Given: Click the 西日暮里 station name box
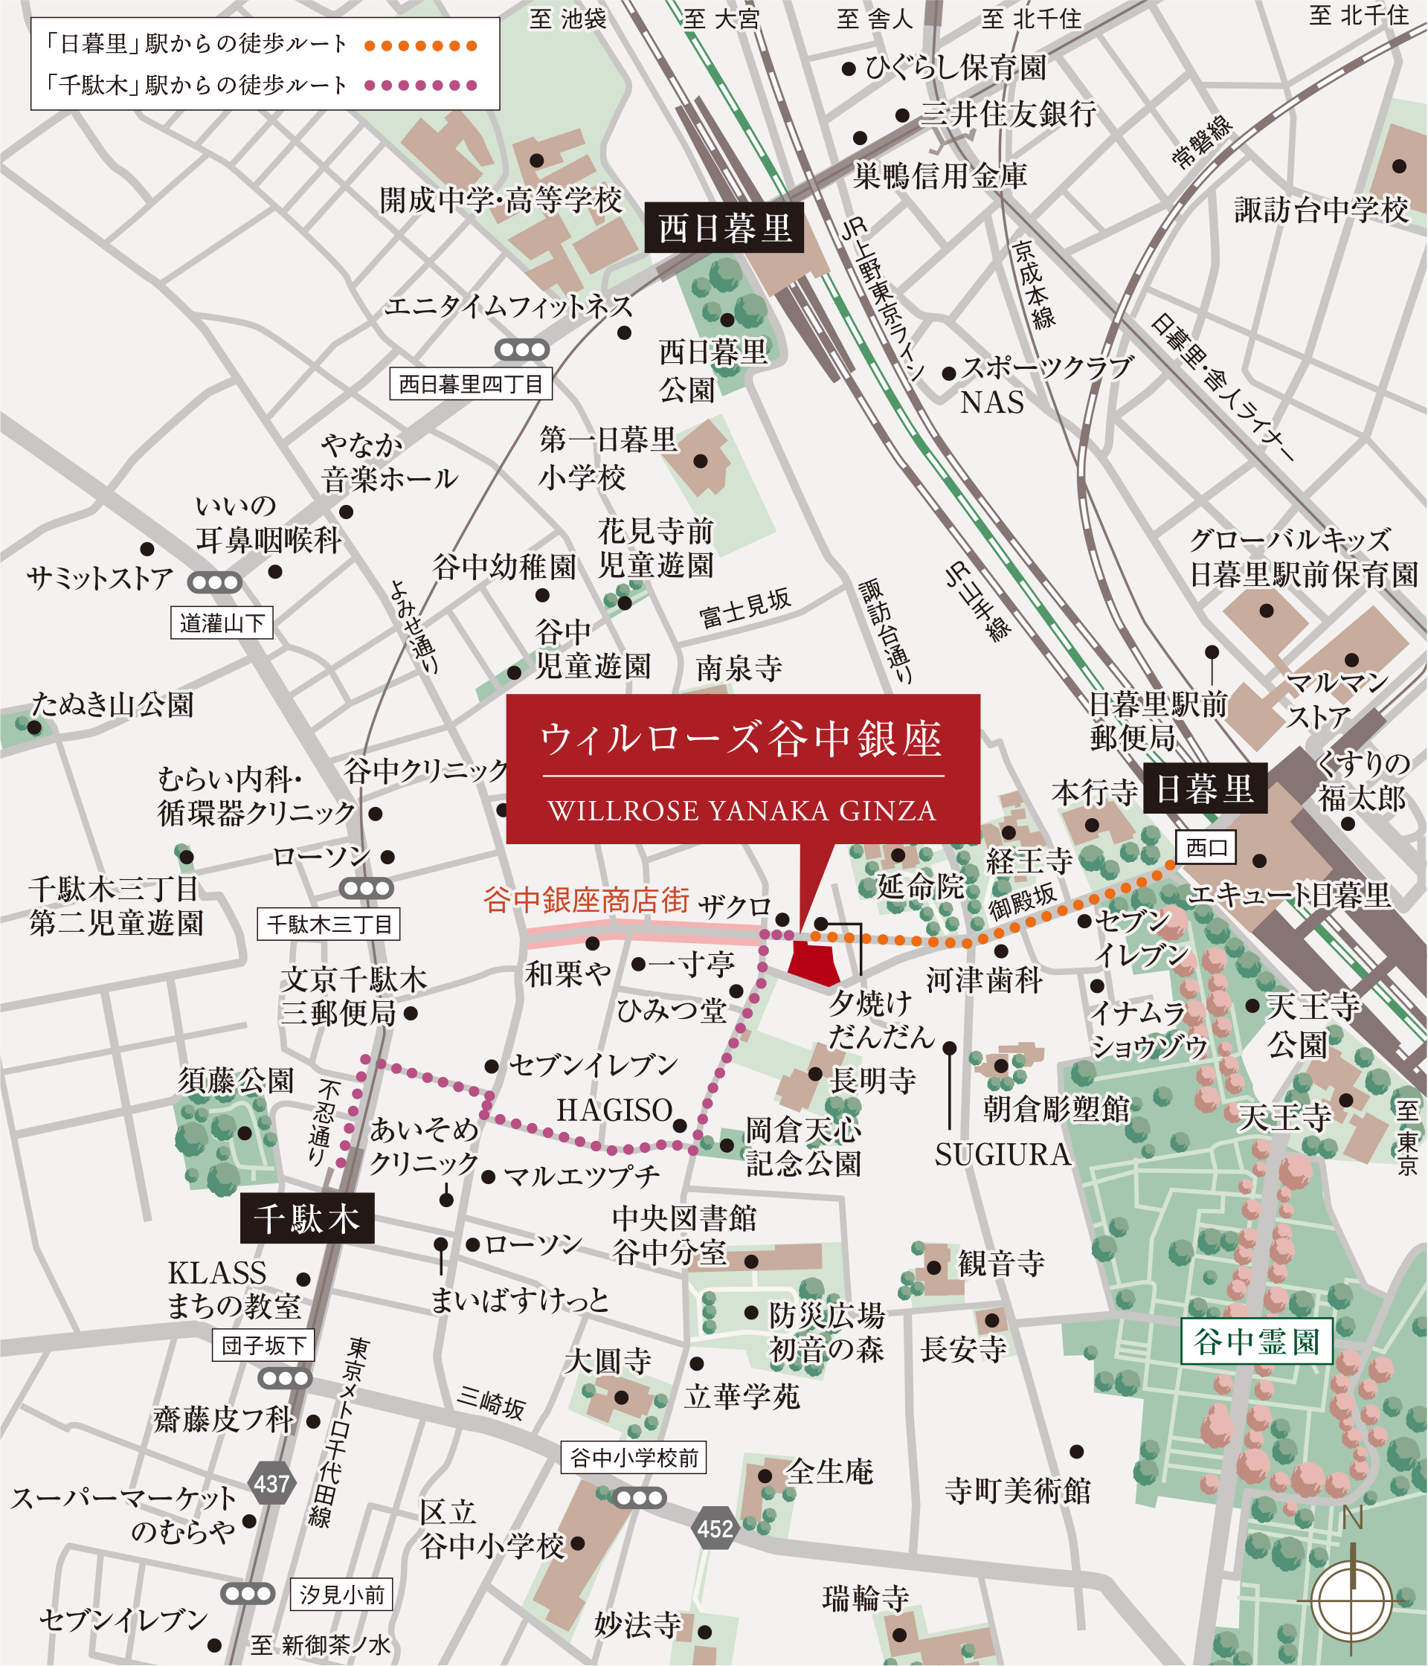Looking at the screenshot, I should (724, 228).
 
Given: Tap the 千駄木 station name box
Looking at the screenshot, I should (307, 1218).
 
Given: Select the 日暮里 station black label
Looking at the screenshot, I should (1204, 789).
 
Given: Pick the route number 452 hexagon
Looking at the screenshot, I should (715, 1528).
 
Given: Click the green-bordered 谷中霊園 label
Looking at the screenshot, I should (1257, 1340).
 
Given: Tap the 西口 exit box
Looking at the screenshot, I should (1206, 847).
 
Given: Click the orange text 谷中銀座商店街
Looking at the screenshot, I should (585, 900).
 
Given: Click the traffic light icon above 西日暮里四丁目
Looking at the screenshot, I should (522, 350).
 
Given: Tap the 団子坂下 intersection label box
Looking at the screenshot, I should (263, 1345).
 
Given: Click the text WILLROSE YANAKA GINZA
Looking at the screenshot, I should (742, 811).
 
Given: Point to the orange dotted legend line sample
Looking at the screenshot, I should (420, 46).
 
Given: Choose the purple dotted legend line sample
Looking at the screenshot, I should (420, 86).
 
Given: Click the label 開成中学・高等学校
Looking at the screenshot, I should (501, 200).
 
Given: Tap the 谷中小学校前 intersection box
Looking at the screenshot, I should (634, 1457).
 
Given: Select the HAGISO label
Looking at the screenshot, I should (614, 1110).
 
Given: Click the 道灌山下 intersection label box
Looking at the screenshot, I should (222, 623).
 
